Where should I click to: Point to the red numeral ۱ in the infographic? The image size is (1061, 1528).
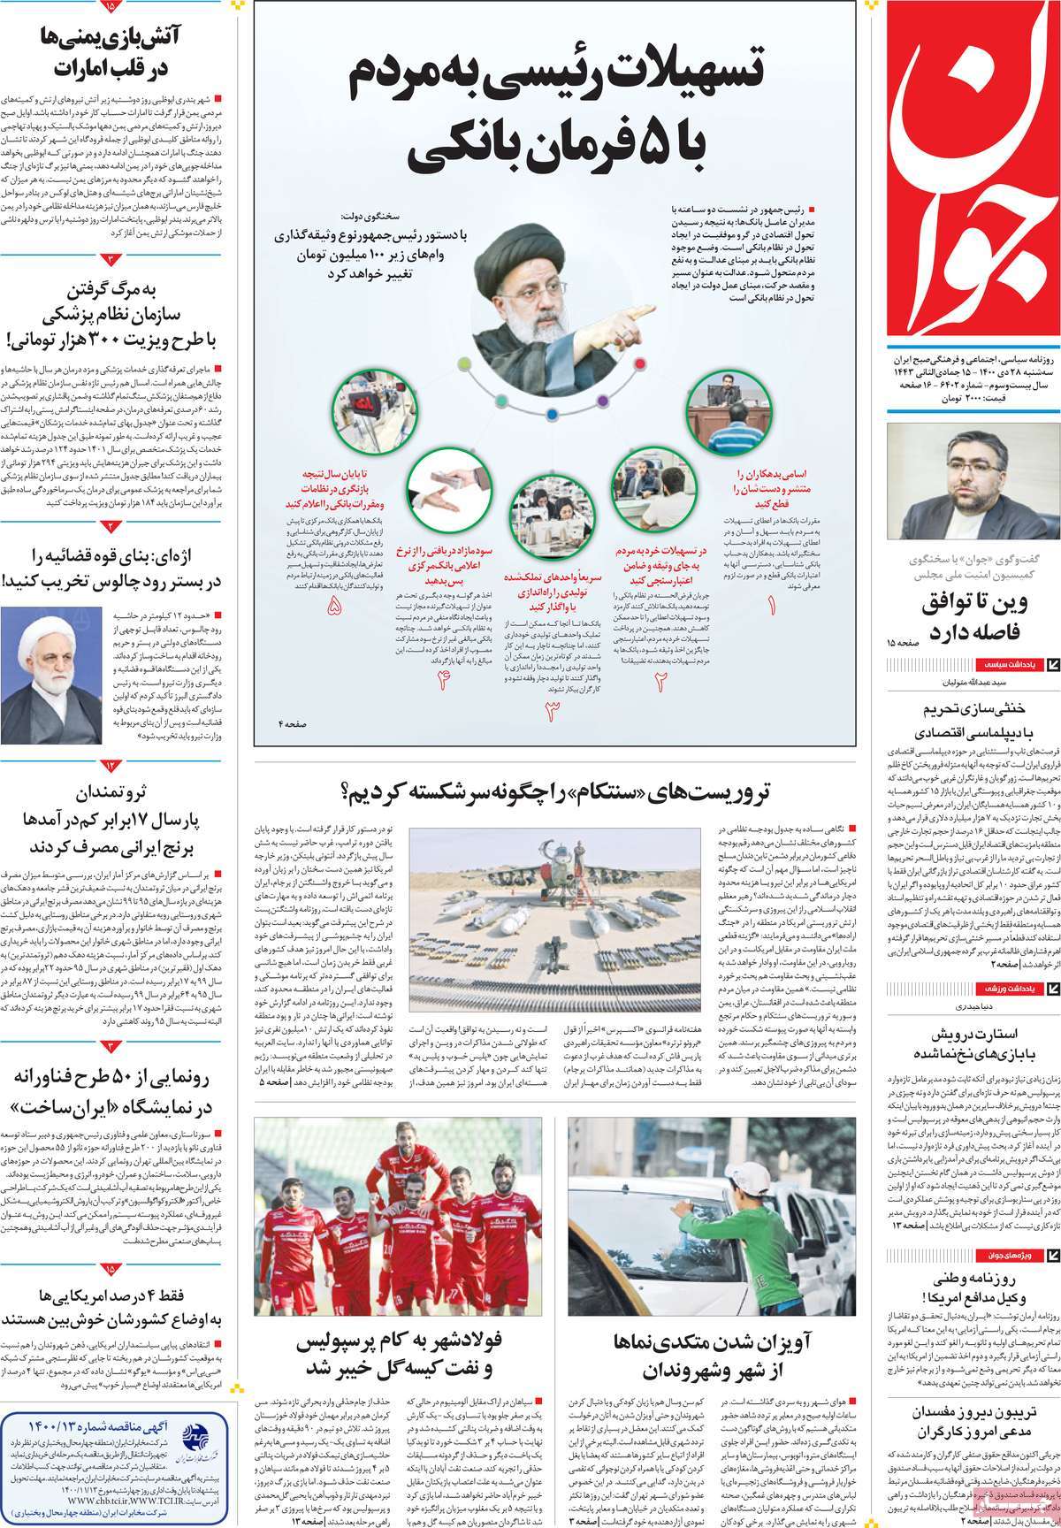click(x=771, y=607)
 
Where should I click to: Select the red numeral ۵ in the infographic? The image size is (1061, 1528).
click(x=334, y=607)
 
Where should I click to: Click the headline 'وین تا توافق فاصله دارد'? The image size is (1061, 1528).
click(x=971, y=617)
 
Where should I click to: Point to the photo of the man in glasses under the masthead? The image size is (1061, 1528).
click(x=971, y=482)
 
